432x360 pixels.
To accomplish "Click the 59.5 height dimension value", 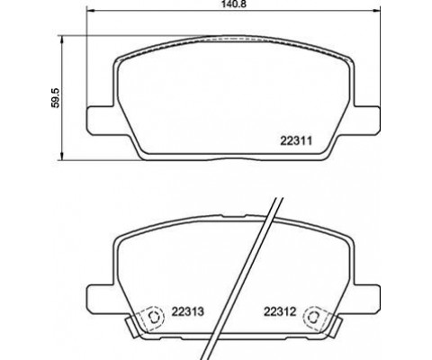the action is (56, 98).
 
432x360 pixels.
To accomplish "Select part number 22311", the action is (296, 140).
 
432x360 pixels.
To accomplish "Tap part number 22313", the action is (188, 311).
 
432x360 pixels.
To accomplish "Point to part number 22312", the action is (280, 311).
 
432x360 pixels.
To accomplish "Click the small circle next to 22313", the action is (155, 317).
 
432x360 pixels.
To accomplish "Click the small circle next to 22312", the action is (313, 317).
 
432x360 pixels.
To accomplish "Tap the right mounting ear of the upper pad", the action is (367, 121).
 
